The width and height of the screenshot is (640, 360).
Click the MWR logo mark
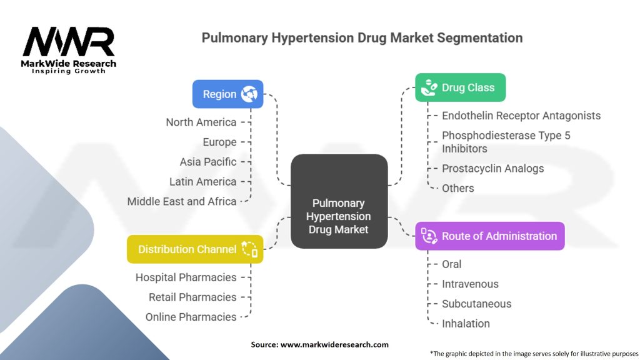69,42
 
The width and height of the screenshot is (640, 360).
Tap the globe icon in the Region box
249,94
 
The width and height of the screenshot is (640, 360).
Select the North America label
201,122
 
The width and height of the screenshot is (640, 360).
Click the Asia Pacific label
208,162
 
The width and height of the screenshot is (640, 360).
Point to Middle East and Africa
182,201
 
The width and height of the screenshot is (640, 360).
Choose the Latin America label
203,182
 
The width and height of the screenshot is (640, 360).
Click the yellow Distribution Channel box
195,249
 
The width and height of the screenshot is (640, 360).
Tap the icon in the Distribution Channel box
249,249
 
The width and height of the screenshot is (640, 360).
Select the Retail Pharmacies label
192,297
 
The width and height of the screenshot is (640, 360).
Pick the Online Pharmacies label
191,317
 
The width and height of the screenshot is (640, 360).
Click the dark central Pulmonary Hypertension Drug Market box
339,201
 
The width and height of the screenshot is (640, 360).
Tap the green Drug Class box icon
429,87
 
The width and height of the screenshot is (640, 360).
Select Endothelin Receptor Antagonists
521,116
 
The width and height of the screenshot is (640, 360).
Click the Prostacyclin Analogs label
493,169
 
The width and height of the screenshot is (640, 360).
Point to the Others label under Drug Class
458,188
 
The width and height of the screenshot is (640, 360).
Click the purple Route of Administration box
490,236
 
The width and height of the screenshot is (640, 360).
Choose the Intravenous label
470,284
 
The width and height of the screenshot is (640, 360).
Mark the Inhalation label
466,324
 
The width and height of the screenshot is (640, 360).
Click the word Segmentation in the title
479,38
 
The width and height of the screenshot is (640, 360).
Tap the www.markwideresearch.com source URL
334,344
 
